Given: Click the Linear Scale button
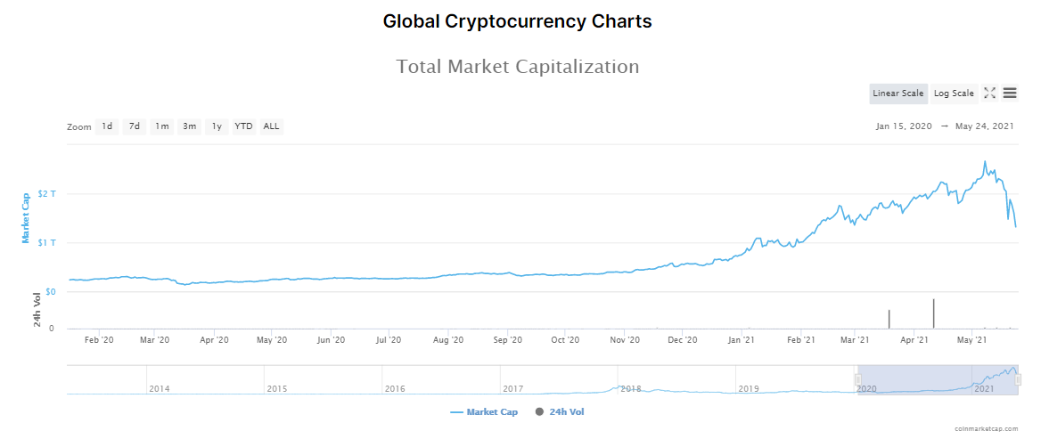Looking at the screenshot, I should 898,93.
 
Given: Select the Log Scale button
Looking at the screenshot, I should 954,93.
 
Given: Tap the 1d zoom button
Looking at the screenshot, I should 107,126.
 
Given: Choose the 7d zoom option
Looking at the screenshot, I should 135,126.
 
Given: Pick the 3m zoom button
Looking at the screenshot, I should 190,126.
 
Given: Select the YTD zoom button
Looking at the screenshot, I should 243,126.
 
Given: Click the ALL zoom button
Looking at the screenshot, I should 271,126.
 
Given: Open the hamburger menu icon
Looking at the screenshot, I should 1010,93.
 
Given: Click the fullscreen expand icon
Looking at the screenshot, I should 989,93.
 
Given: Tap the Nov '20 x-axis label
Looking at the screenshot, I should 625,340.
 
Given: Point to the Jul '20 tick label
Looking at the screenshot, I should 389,340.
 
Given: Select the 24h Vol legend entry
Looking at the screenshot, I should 561,412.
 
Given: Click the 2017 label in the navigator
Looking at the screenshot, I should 512,389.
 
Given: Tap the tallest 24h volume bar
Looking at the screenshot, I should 933,313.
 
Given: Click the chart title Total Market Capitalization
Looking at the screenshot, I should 517,67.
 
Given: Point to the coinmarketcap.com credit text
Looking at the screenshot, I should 986,428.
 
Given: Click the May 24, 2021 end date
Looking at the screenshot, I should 984,126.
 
